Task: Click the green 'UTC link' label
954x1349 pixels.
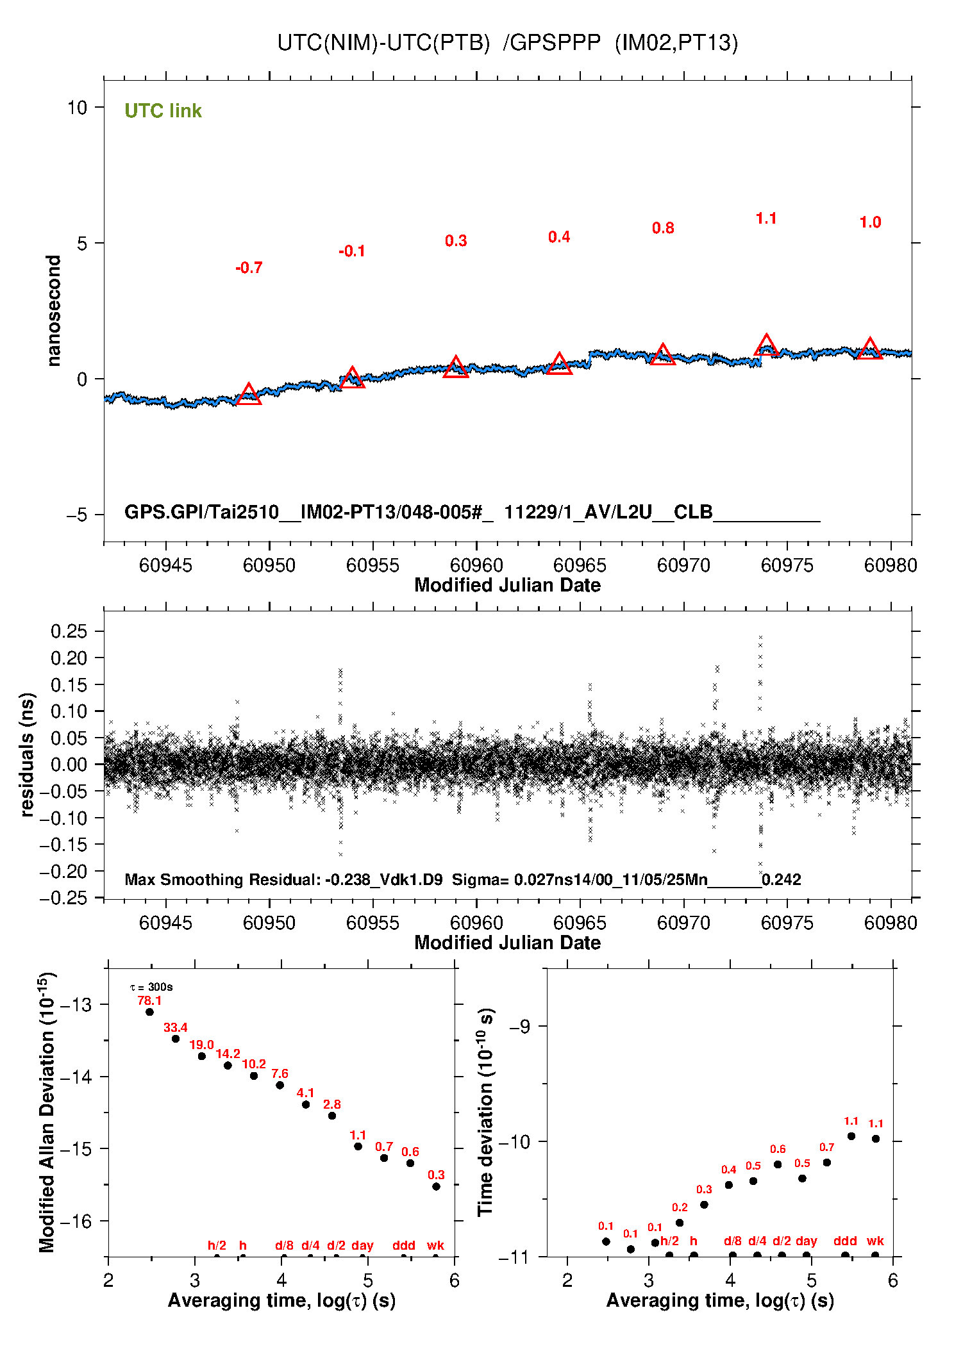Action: pos(163,111)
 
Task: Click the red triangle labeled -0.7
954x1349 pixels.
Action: pos(249,395)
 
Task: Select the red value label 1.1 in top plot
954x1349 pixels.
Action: pos(766,219)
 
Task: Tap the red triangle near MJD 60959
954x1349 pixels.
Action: pos(456,368)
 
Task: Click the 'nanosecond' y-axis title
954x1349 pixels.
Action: pos(54,311)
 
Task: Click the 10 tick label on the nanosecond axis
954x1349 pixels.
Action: pos(77,108)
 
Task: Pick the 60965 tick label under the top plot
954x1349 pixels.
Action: pos(580,565)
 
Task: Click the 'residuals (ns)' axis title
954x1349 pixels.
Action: pos(27,754)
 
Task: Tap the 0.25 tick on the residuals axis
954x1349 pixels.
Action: pos(69,631)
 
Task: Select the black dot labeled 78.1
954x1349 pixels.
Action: pos(149,1012)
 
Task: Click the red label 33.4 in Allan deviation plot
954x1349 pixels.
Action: pos(175,1027)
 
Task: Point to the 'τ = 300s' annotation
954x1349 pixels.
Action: pos(151,987)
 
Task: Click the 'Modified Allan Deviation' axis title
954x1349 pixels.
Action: pos(46,1113)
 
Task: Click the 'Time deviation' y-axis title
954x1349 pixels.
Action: pos(485,1113)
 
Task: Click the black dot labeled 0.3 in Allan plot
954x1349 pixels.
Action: pos(436,1186)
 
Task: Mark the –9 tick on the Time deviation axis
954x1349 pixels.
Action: pos(519,1026)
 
